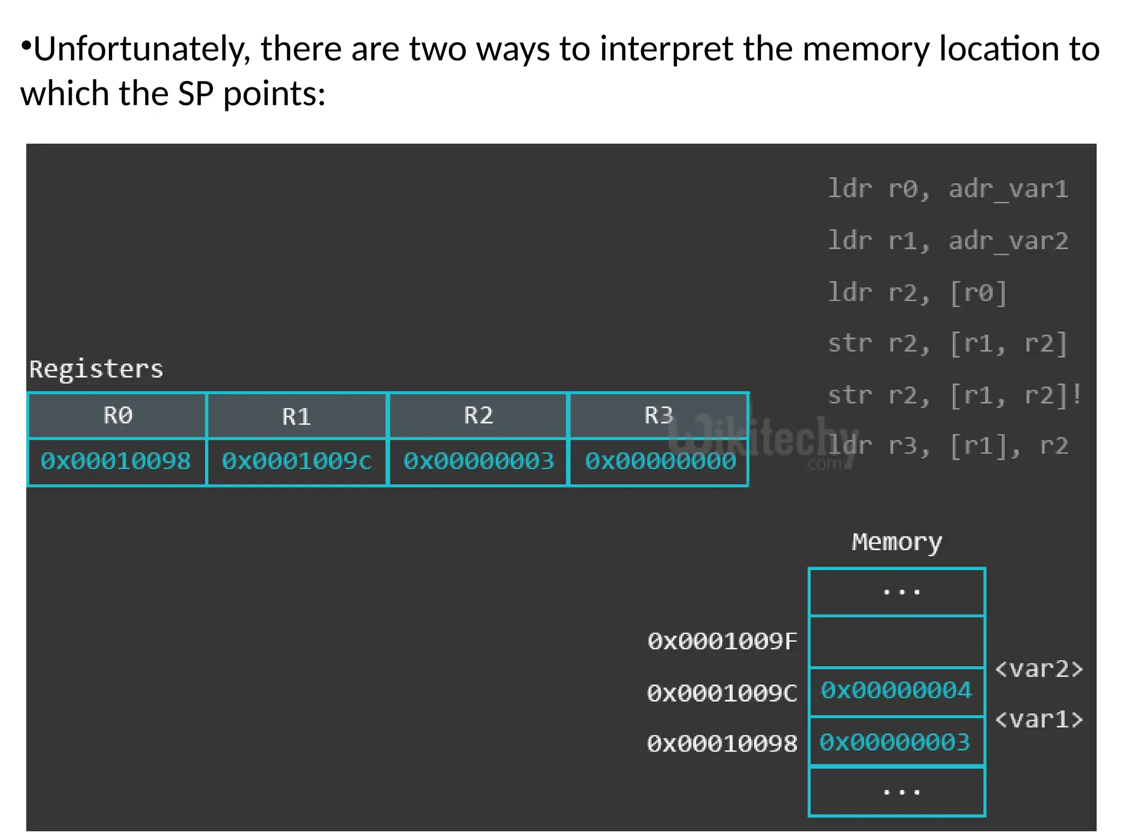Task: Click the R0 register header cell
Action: tap(117, 416)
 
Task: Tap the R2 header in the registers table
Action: tap(478, 416)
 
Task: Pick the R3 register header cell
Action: tap(658, 416)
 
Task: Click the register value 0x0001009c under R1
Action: tap(296, 461)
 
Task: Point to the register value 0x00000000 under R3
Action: tap(660, 461)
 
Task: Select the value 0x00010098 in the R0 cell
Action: tap(115, 461)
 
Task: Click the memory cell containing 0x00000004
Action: tap(896, 691)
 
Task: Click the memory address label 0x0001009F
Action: tap(723, 641)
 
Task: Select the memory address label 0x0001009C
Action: tap(723, 693)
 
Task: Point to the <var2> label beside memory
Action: tap(1038, 669)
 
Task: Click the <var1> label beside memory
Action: tap(1038, 719)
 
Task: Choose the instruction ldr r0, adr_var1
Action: tap(947, 189)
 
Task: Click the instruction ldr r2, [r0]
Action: tap(917, 293)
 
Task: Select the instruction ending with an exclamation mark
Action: tap(954, 395)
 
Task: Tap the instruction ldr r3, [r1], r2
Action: tap(947, 446)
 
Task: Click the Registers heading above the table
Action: tap(96, 369)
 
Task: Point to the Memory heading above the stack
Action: tap(897, 542)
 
